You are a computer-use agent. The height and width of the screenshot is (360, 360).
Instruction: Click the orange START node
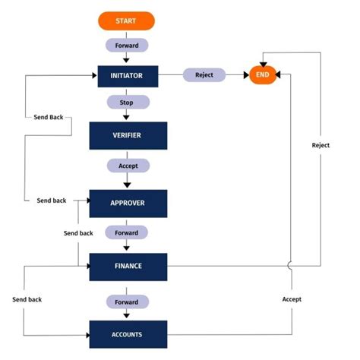coord(126,21)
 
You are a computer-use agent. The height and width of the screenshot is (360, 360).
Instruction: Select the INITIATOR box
coord(126,75)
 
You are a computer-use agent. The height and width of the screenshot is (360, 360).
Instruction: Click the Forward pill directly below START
coord(126,45)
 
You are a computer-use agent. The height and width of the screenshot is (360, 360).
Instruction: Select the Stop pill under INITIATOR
coord(126,102)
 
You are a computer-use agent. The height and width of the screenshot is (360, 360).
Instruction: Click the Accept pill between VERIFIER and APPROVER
coord(128,165)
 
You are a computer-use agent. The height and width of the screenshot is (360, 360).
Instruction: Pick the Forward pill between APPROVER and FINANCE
coord(126,232)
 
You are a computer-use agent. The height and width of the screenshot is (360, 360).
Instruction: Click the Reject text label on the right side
coord(321,144)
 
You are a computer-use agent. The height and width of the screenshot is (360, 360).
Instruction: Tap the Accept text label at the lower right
coord(292,299)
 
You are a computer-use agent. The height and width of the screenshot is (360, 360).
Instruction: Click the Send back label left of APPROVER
coord(52,201)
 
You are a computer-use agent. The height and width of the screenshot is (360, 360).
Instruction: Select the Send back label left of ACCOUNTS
coord(27,299)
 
